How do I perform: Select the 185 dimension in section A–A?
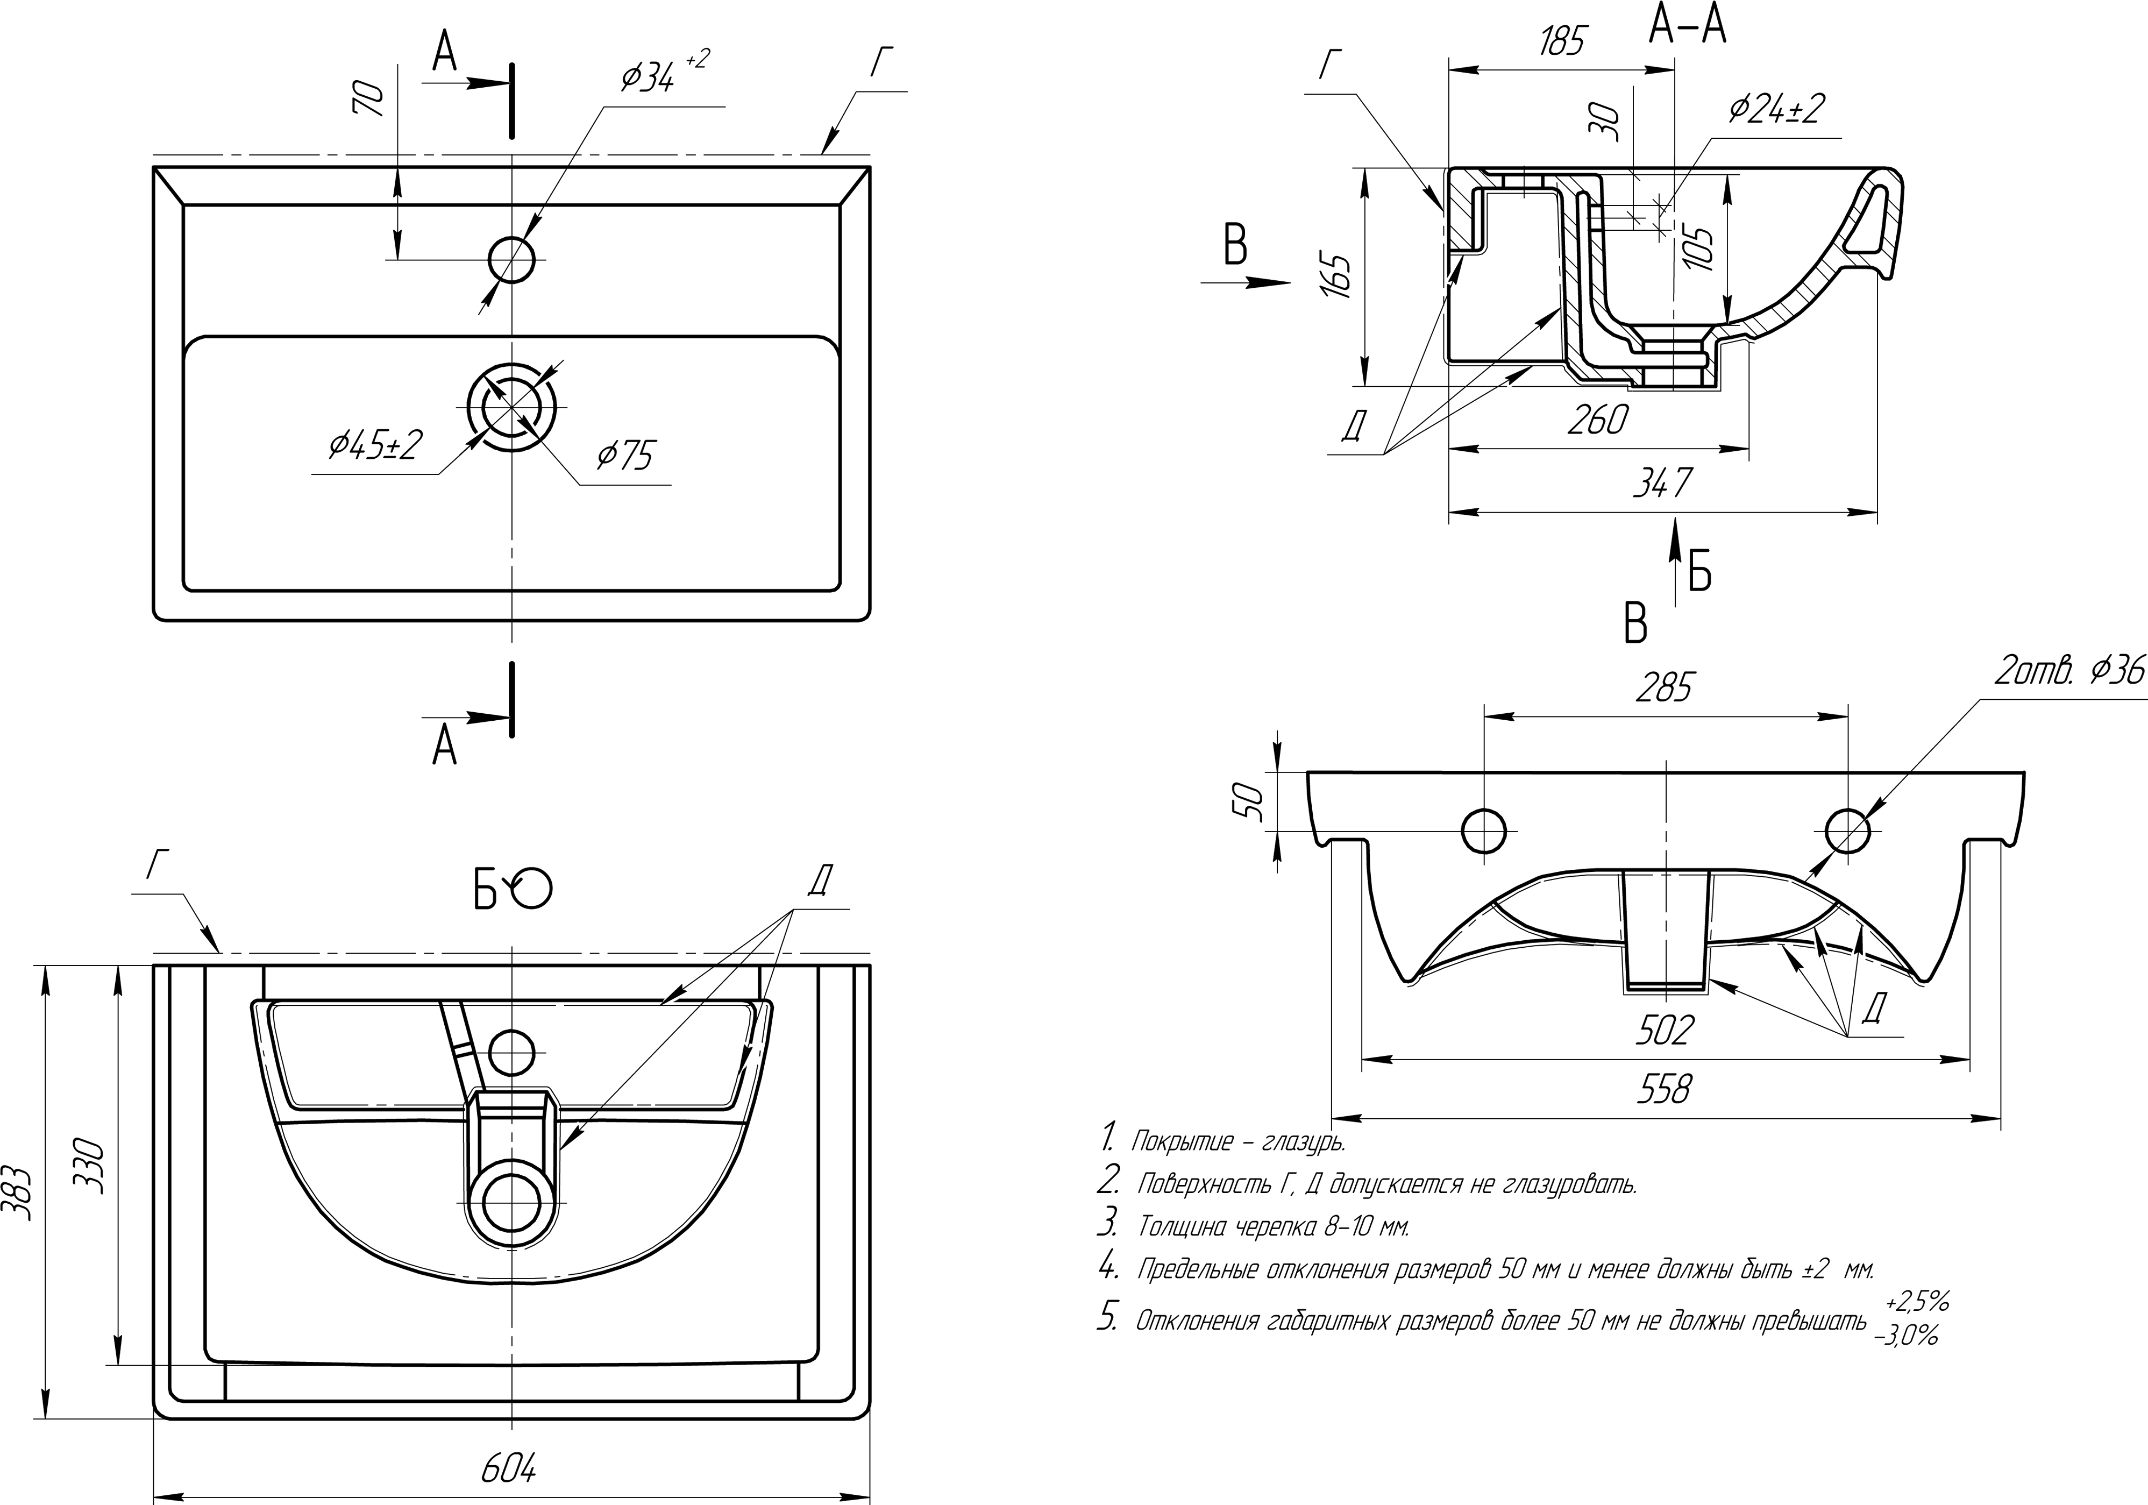pyautogui.click(x=1561, y=42)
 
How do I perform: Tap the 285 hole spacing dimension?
pyautogui.click(x=1665, y=689)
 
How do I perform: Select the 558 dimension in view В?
pyautogui.click(x=1665, y=1089)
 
